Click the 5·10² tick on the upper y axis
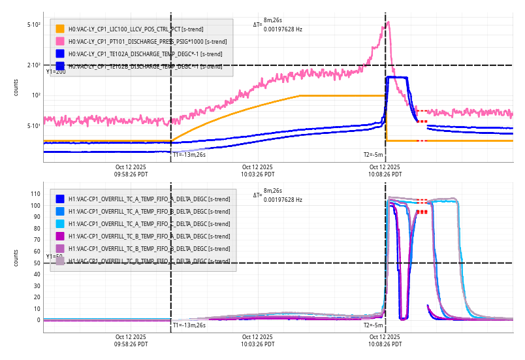click(x=34, y=25)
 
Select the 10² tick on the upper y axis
click(x=35, y=95)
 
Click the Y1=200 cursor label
click(x=56, y=72)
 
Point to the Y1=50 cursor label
click(x=54, y=257)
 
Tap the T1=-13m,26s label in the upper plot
click(x=189, y=155)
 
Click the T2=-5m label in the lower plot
click(x=373, y=325)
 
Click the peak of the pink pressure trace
click(x=389, y=22)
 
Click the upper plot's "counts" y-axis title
click(x=16, y=87)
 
